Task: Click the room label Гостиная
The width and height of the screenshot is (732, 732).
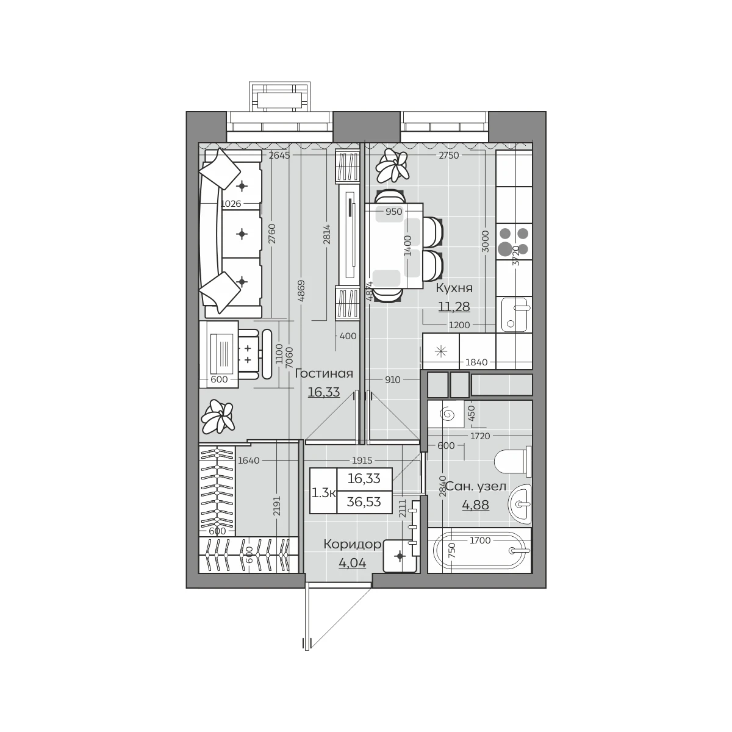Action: point(324,374)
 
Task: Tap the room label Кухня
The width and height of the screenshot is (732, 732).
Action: point(454,289)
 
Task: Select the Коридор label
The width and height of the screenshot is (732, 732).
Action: point(352,544)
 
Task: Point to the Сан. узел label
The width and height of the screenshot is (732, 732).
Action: point(476,486)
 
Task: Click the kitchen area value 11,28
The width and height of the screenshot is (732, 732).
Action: point(454,306)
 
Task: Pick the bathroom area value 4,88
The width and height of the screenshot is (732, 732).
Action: point(476,505)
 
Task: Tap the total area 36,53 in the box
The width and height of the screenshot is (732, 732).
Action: point(364,502)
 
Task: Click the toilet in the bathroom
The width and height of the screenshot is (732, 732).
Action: point(513,462)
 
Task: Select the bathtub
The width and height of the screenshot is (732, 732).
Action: point(479,550)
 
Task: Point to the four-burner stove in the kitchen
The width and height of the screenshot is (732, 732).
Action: point(514,241)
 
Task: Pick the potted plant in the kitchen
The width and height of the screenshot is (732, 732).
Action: point(393,166)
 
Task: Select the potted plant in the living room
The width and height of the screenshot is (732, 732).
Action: point(217,417)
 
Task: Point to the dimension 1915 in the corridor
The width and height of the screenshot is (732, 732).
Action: point(362,461)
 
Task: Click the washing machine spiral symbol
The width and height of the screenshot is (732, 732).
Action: point(446,414)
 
